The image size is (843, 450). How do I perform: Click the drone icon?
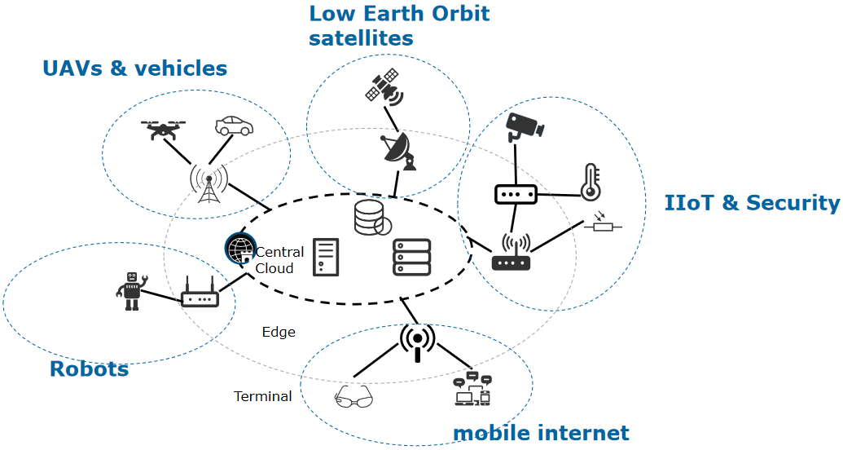163,129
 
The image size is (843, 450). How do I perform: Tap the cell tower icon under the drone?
209,184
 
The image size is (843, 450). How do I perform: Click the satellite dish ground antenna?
398,151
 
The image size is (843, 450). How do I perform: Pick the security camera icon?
524,126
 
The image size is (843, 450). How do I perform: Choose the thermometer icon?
590,182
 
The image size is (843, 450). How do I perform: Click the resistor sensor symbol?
603,224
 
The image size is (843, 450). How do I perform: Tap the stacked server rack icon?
411,258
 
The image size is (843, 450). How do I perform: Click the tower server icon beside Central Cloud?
326,258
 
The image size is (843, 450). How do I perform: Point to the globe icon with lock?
241,249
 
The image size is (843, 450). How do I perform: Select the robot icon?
132,291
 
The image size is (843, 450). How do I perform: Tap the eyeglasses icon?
353,397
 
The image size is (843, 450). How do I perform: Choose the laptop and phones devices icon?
472,390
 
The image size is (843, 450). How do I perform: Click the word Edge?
279,332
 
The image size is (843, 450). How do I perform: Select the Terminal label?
263,396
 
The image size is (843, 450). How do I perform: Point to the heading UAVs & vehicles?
134,68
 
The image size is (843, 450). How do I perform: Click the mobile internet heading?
541,433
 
